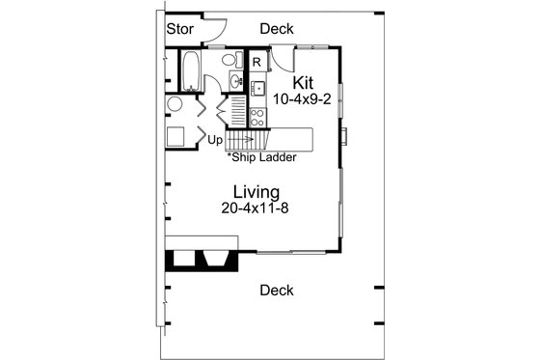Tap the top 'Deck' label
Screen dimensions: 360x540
[276, 29]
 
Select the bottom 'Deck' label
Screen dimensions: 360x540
[277, 290]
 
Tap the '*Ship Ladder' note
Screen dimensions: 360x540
[261, 156]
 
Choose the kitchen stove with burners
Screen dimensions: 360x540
[257, 118]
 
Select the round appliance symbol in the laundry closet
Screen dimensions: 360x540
[175, 104]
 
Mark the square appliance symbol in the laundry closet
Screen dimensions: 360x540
[177, 135]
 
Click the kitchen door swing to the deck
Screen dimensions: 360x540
[281, 59]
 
